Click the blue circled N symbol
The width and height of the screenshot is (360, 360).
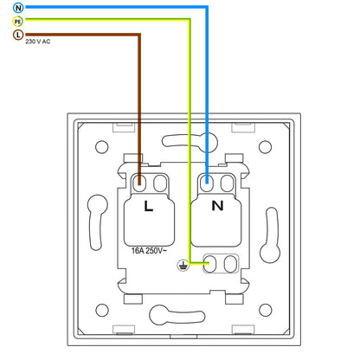click(18, 8)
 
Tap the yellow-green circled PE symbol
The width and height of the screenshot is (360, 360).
click(18, 22)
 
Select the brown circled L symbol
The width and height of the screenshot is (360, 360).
click(18, 35)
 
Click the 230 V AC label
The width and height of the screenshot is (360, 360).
click(38, 42)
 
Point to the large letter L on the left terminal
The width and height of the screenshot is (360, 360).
click(148, 206)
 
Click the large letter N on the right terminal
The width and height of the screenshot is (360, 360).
click(217, 206)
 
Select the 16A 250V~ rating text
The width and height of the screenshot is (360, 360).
click(149, 251)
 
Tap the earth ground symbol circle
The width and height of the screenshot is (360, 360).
click(183, 265)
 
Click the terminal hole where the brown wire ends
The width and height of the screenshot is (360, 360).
click(139, 183)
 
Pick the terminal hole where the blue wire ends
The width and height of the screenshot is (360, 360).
click(207, 183)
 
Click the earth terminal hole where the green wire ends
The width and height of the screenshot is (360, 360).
click(210, 264)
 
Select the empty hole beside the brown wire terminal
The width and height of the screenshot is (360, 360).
click(160, 183)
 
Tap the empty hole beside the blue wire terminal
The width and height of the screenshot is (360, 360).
click(228, 183)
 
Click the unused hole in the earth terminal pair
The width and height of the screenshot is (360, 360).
click(230, 264)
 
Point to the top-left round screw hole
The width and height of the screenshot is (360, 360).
click(101, 147)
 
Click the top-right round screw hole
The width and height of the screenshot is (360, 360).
click(265, 147)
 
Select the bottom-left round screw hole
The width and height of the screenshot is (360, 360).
click(102, 310)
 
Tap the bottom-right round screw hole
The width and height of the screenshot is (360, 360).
click(266, 310)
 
